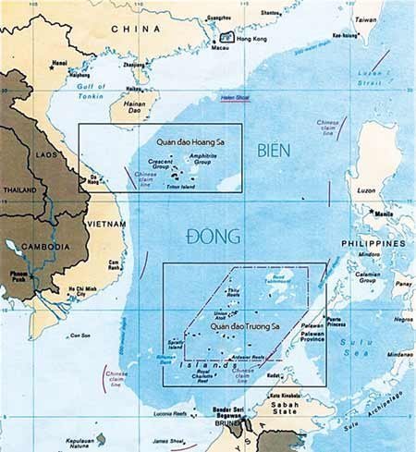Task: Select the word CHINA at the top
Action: (136, 29)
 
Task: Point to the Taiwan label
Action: (366, 18)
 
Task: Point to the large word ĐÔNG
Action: (216, 237)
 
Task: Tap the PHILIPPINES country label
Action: (375, 243)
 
